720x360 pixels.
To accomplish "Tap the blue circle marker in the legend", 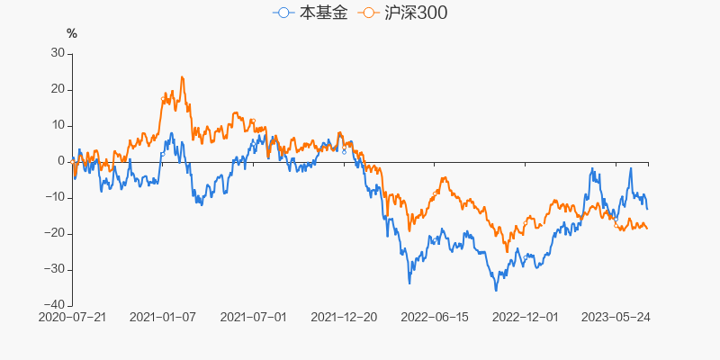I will [284, 13].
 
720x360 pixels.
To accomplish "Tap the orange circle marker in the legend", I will [367, 13].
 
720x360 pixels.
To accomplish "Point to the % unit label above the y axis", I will [72, 34].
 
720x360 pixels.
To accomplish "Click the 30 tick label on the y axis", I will [57, 53].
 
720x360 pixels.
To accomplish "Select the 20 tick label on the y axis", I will [57, 89].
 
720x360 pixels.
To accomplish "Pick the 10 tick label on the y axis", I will [57, 125].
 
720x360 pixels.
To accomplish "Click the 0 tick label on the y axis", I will [60, 161].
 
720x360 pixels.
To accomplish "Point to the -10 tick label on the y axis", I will [54, 197].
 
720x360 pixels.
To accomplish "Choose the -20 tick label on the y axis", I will [54, 233].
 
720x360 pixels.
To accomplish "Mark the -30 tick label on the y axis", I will [54, 269].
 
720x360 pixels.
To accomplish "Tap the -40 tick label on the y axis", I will [54, 305].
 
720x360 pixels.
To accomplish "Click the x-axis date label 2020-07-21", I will [73, 317].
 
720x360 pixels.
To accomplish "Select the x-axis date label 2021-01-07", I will [163, 317].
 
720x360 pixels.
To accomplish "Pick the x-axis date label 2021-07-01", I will [253, 317].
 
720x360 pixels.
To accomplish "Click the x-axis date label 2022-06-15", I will [435, 317].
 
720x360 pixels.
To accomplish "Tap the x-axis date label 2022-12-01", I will [526, 317].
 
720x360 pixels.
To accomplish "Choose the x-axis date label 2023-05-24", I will [616, 317].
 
